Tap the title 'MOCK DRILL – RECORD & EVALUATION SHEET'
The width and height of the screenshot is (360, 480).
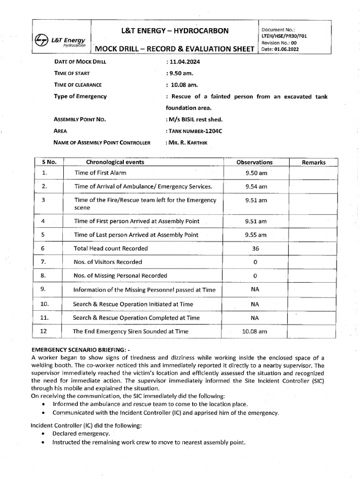175,50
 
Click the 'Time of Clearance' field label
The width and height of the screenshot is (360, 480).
78,85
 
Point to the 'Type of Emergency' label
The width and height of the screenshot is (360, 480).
80,96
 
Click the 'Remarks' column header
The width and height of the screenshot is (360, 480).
314,162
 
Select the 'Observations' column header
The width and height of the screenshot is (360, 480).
255,162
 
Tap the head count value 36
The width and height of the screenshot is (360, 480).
255,248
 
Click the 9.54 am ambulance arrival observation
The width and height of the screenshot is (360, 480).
256,187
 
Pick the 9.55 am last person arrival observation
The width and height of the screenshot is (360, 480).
256,235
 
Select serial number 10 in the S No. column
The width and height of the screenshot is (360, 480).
45,304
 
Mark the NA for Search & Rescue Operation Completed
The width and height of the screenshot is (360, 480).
255,318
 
